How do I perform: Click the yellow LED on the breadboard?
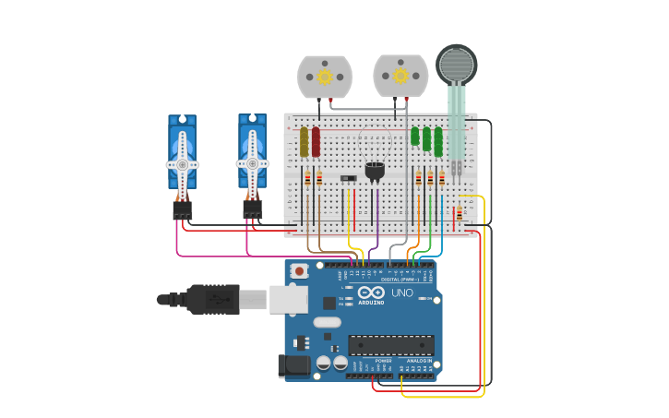coord(304,141)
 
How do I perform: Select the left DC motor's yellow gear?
coord(325,77)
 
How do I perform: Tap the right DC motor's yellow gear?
coord(400,76)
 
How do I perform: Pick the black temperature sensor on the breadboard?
coord(375,171)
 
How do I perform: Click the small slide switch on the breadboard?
coord(348,177)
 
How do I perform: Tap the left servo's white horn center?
coord(183,164)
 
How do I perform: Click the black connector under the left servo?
coord(183,210)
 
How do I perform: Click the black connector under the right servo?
coord(253,210)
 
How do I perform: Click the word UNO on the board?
coord(402,293)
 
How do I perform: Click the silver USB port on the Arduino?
coord(289,298)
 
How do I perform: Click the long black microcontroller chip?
coord(390,345)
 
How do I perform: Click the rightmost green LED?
coord(438,141)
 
